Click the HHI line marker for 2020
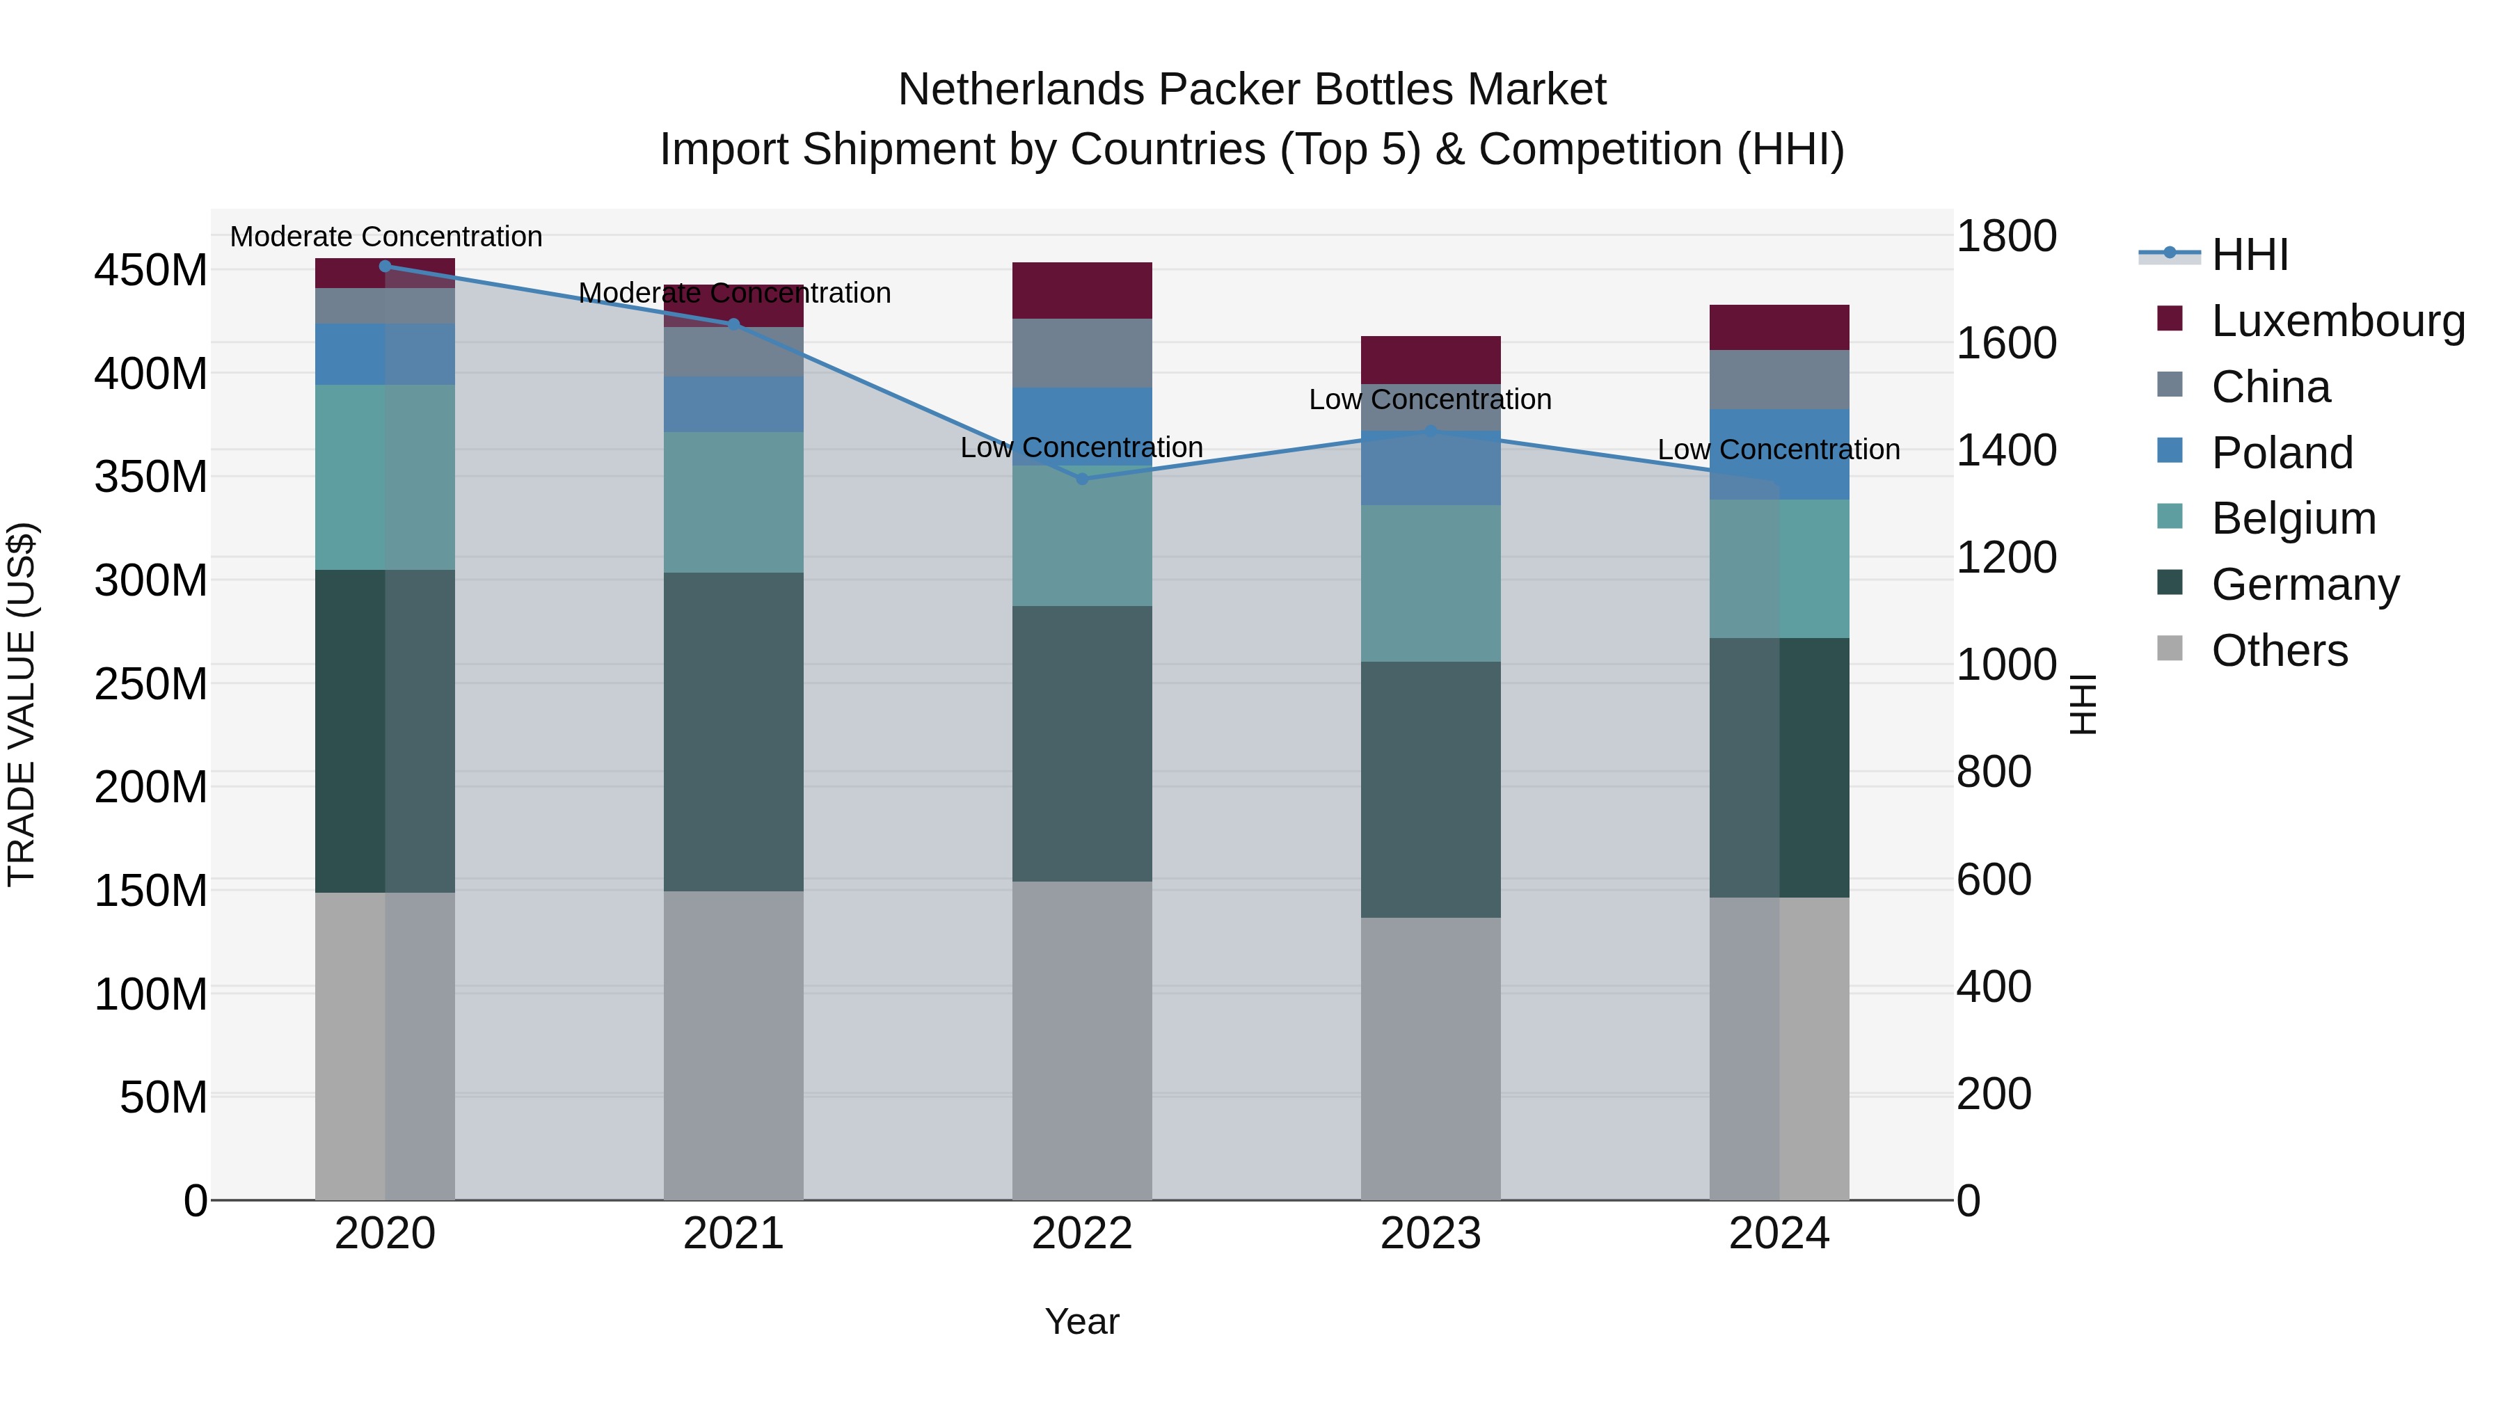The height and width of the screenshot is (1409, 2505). (385, 266)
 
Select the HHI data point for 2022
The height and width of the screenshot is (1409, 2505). (1082, 479)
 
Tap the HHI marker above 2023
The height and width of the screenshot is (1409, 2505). (1431, 431)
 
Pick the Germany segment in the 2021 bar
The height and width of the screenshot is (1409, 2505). (733, 732)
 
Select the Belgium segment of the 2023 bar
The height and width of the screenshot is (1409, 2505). (1431, 584)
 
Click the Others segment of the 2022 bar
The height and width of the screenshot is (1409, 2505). (1082, 1040)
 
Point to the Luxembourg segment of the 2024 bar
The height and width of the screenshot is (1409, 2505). (1779, 328)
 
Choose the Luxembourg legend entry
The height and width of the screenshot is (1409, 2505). (2309, 321)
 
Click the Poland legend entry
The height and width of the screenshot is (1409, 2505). (2256, 453)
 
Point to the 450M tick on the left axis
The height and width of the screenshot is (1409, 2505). (151, 271)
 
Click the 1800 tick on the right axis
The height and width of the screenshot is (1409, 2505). (2006, 237)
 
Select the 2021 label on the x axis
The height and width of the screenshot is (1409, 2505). (733, 1234)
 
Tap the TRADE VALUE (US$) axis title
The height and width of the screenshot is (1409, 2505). (22, 705)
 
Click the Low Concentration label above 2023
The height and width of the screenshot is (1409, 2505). (1431, 399)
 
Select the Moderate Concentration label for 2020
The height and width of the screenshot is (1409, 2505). (386, 237)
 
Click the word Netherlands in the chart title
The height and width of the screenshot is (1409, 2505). (1020, 90)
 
